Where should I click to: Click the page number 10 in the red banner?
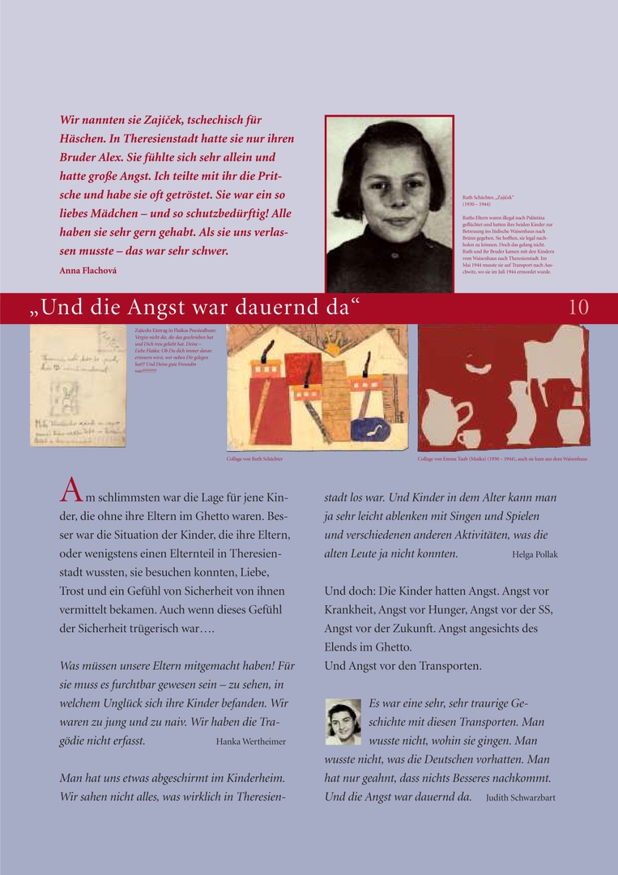pyautogui.click(x=578, y=308)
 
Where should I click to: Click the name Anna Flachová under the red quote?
pyautogui.click(x=87, y=270)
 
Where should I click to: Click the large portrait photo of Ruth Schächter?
pyautogui.click(x=389, y=203)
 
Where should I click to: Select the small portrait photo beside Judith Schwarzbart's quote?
pyautogui.click(x=343, y=721)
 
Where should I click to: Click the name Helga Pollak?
pyautogui.click(x=535, y=554)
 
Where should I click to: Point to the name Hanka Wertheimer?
pyautogui.click(x=250, y=741)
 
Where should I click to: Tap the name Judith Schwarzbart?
pyautogui.click(x=521, y=797)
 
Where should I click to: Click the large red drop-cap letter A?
pyautogui.click(x=70, y=491)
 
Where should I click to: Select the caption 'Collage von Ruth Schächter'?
pyautogui.click(x=254, y=459)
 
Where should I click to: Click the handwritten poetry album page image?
pyautogui.click(x=78, y=386)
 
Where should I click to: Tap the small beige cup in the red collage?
pyautogui.click(x=469, y=438)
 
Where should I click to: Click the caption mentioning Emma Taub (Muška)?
pyautogui.click(x=502, y=459)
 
